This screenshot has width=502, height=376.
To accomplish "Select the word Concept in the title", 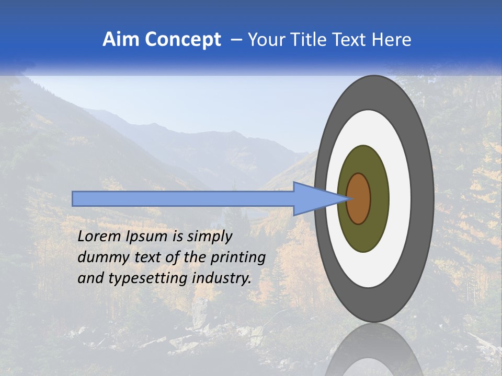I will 183,40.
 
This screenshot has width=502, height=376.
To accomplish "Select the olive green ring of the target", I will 378,199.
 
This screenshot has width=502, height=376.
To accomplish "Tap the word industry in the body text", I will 222,278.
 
